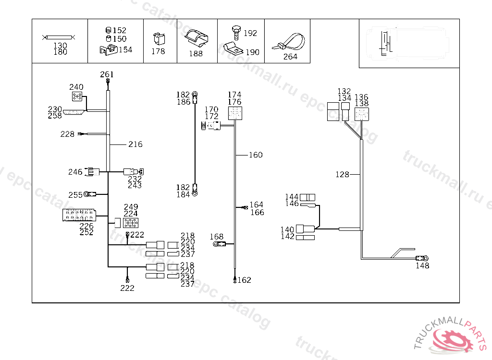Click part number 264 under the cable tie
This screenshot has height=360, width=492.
click(x=290, y=57)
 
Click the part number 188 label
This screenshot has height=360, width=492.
click(x=196, y=54)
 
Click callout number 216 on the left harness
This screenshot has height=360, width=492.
click(x=135, y=144)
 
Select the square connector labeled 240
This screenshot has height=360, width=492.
click(x=76, y=97)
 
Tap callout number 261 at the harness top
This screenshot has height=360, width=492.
click(x=107, y=74)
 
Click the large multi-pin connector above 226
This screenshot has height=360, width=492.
click(x=80, y=215)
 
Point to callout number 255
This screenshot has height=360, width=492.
click(x=75, y=195)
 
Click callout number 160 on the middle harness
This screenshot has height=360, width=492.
click(x=256, y=155)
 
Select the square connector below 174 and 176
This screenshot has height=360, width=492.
click(x=234, y=113)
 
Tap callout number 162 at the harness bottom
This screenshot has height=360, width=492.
click(x=245, y=280)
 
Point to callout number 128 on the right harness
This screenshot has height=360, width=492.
click(x=342, y=175)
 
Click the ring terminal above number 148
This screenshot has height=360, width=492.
click(x=424, y=259)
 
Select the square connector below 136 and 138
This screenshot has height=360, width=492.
click(x=361, y=114)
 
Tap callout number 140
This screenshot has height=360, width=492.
click(x=287, y=230)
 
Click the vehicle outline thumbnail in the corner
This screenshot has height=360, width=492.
click(x=409, y=44)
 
